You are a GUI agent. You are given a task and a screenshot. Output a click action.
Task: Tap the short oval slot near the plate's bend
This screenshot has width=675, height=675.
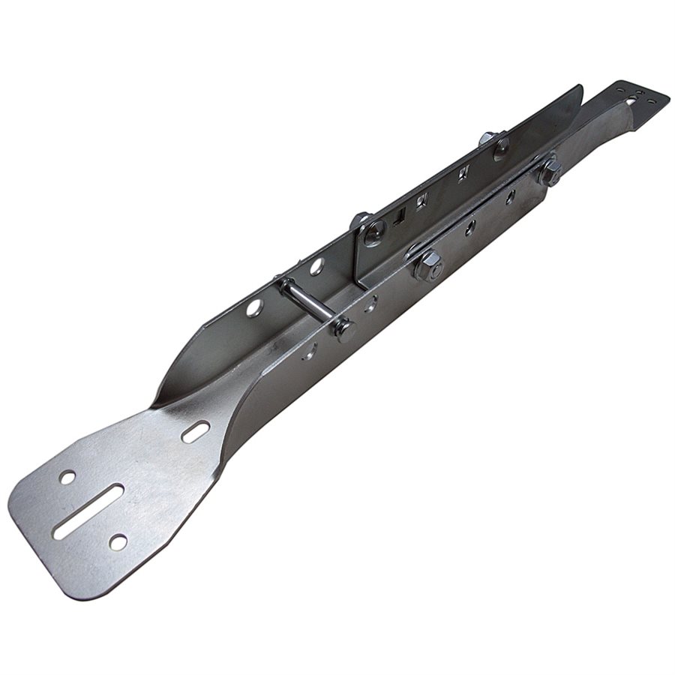pos(196,431)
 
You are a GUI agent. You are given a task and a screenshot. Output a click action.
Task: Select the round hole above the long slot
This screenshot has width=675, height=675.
pos(67,477)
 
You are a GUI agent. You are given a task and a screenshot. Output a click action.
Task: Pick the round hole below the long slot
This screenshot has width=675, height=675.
pos(118,541)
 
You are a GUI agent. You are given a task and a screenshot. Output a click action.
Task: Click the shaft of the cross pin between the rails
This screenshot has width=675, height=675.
pos(307,304)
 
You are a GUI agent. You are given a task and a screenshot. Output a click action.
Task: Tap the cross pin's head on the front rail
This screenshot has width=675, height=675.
pos(343,329)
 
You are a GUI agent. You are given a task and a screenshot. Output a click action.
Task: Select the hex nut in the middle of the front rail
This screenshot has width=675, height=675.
pos(428,264)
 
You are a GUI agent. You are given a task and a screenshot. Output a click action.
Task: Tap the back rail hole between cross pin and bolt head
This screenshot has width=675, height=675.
pos(316,265)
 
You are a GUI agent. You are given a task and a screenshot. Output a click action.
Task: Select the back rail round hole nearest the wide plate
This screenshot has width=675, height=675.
pos(254,307)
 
